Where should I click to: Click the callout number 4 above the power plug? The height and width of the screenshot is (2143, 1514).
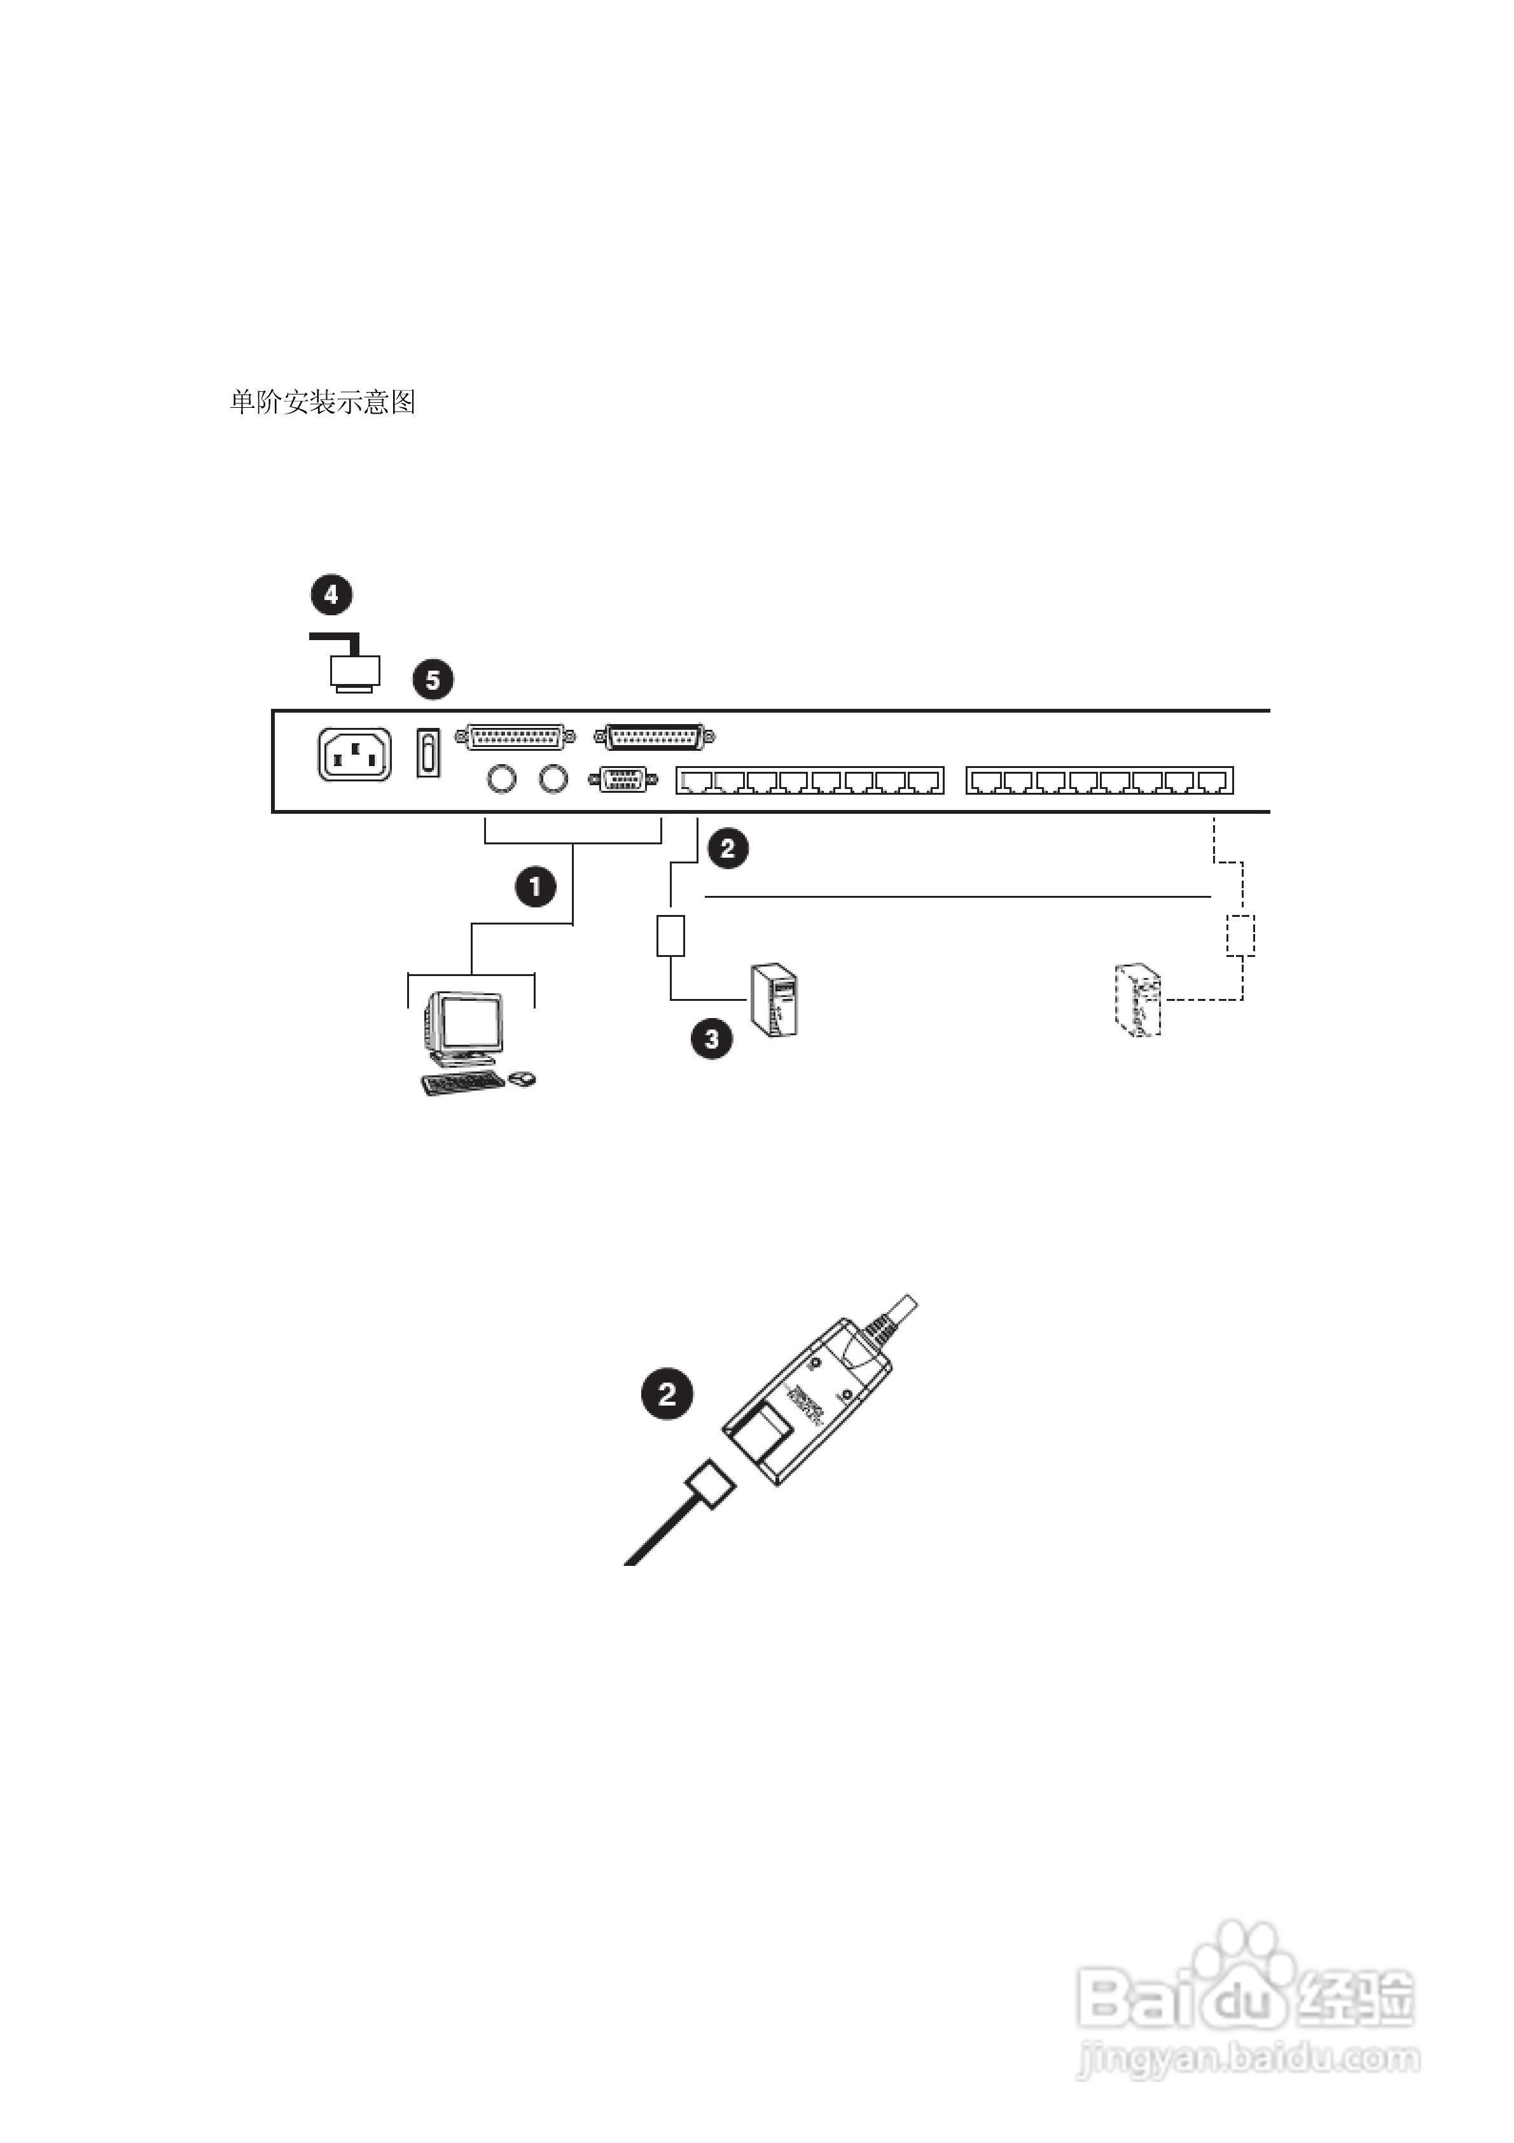point(331,594)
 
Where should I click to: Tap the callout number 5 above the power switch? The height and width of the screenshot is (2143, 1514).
point(433,680)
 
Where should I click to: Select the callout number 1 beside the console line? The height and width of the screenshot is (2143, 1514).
point(536,886)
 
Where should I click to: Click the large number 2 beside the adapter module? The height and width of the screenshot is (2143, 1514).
point(667,1395)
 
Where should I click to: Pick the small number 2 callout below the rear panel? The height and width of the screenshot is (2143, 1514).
point(728,848)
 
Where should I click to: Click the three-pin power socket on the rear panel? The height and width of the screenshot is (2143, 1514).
point(355,754)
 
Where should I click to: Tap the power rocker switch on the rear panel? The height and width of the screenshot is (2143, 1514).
point(427,753)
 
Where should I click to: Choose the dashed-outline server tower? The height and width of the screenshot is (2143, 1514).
point(1138,1002)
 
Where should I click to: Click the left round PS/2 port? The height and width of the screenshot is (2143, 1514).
point(502,778)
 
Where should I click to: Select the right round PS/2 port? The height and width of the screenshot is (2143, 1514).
point(553,778)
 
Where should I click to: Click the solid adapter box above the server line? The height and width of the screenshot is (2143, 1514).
point(670,935)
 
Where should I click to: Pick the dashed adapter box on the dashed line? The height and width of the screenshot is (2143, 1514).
point(1240,935)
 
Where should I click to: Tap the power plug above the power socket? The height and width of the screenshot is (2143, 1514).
point(355,672)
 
